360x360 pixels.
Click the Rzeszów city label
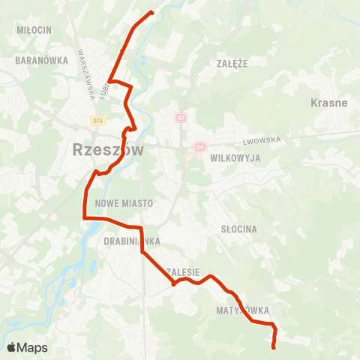108,149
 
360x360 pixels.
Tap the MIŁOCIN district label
34,29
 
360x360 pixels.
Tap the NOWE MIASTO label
124,203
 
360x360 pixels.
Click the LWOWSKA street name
260,140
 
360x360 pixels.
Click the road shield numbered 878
98,120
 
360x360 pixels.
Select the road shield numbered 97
181,118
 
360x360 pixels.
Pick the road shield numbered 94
199,147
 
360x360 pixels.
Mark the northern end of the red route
151,12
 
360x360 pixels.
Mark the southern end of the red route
273,346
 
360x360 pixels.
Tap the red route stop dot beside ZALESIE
174,283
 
